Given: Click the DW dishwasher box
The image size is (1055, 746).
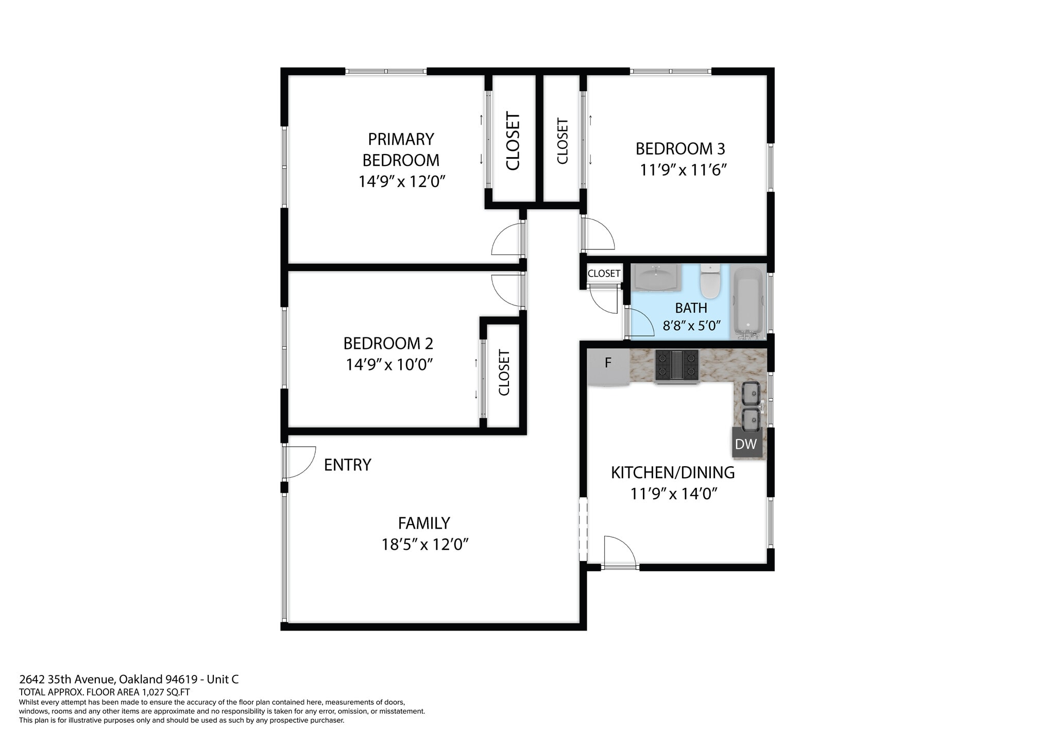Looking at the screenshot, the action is tap(745, 444).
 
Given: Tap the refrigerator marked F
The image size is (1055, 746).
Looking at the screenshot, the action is tap(608, 367).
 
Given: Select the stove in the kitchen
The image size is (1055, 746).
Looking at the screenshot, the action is tap(676, 366).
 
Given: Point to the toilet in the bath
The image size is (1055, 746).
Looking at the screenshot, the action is tap(710, 281).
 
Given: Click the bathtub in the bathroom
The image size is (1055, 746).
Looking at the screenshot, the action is tap(747, 302).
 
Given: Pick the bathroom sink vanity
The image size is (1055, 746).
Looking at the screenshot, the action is tap(656, 277).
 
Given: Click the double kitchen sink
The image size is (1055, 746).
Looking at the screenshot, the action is tap(751, 406).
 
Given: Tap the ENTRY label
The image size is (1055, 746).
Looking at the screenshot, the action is tap(347, 465).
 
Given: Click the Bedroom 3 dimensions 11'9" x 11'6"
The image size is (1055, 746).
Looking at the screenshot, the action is tap(683, 169).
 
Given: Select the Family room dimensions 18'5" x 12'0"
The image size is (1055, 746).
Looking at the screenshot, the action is tap(424, 544).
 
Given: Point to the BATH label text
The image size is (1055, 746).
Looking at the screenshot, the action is tap(691, 308).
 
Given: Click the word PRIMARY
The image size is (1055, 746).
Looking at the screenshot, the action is tap(401, 139).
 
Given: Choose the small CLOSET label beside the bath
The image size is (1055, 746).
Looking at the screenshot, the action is tap(604, 274).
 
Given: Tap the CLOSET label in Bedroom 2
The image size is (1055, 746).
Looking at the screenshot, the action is tap(504, 372).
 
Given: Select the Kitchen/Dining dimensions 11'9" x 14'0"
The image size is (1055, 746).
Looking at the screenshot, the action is tap(674, 494).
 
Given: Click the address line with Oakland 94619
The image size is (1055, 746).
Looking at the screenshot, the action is tap(129, 679).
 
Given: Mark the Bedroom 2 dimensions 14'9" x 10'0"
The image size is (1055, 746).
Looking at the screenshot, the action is tap(389, 364).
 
